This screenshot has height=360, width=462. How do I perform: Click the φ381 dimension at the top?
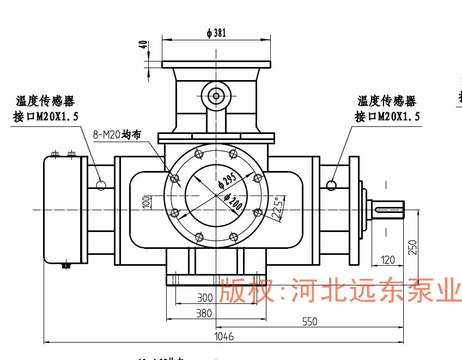tap(216, 33)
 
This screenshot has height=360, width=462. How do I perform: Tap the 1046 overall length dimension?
tap(224, 337)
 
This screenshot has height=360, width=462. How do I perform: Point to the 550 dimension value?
tap(309, 322)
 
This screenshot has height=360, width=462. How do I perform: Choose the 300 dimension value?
tap(204, 298)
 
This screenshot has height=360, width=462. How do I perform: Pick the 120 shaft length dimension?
tap(388, 260)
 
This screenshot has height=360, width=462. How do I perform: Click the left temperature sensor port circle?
tap(101, 185)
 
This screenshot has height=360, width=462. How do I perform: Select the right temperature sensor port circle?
tap(331, 185)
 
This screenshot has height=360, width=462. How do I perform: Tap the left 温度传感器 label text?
tap(45, 101)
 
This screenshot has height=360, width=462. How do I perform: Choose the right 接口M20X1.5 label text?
tap(387, 117)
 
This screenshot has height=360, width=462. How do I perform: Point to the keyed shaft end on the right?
tap(388, 209)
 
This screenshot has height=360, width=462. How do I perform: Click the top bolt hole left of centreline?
tap(199, 154)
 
